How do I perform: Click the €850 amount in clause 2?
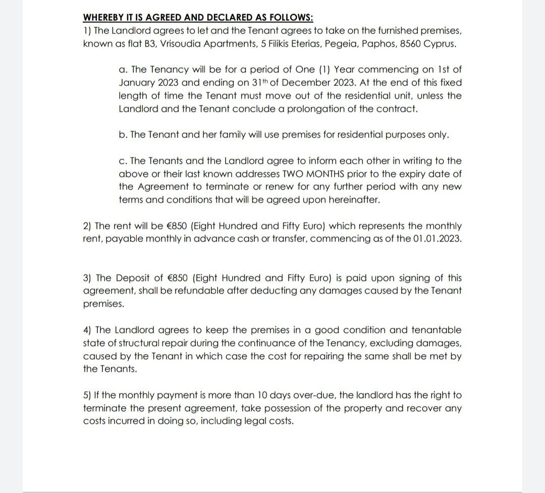coord(178,226)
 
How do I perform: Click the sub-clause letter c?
coord(122,161)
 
